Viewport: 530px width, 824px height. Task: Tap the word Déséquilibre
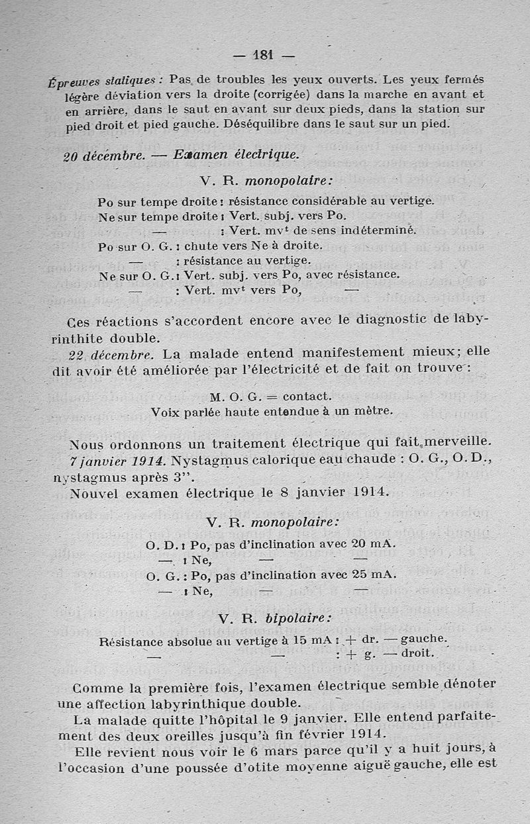point(259,123)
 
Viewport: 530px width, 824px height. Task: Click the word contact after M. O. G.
point(306,396)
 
